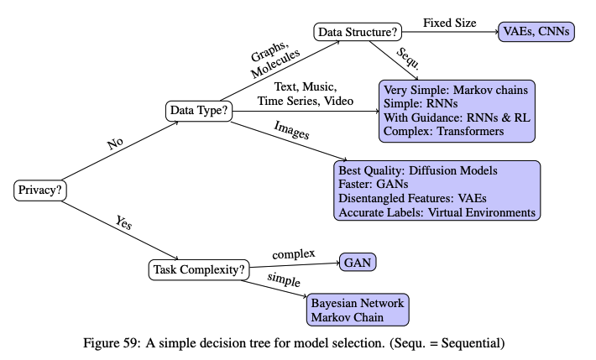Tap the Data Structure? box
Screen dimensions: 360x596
(358, 33)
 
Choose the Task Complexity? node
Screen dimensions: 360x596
(199, 269)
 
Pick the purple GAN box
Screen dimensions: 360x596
(357, 262)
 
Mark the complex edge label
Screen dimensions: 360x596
(293, 253)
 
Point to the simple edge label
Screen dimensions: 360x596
(284, 280)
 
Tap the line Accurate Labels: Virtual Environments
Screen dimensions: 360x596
(437, 213)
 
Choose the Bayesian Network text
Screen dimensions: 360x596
(358, 303)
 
